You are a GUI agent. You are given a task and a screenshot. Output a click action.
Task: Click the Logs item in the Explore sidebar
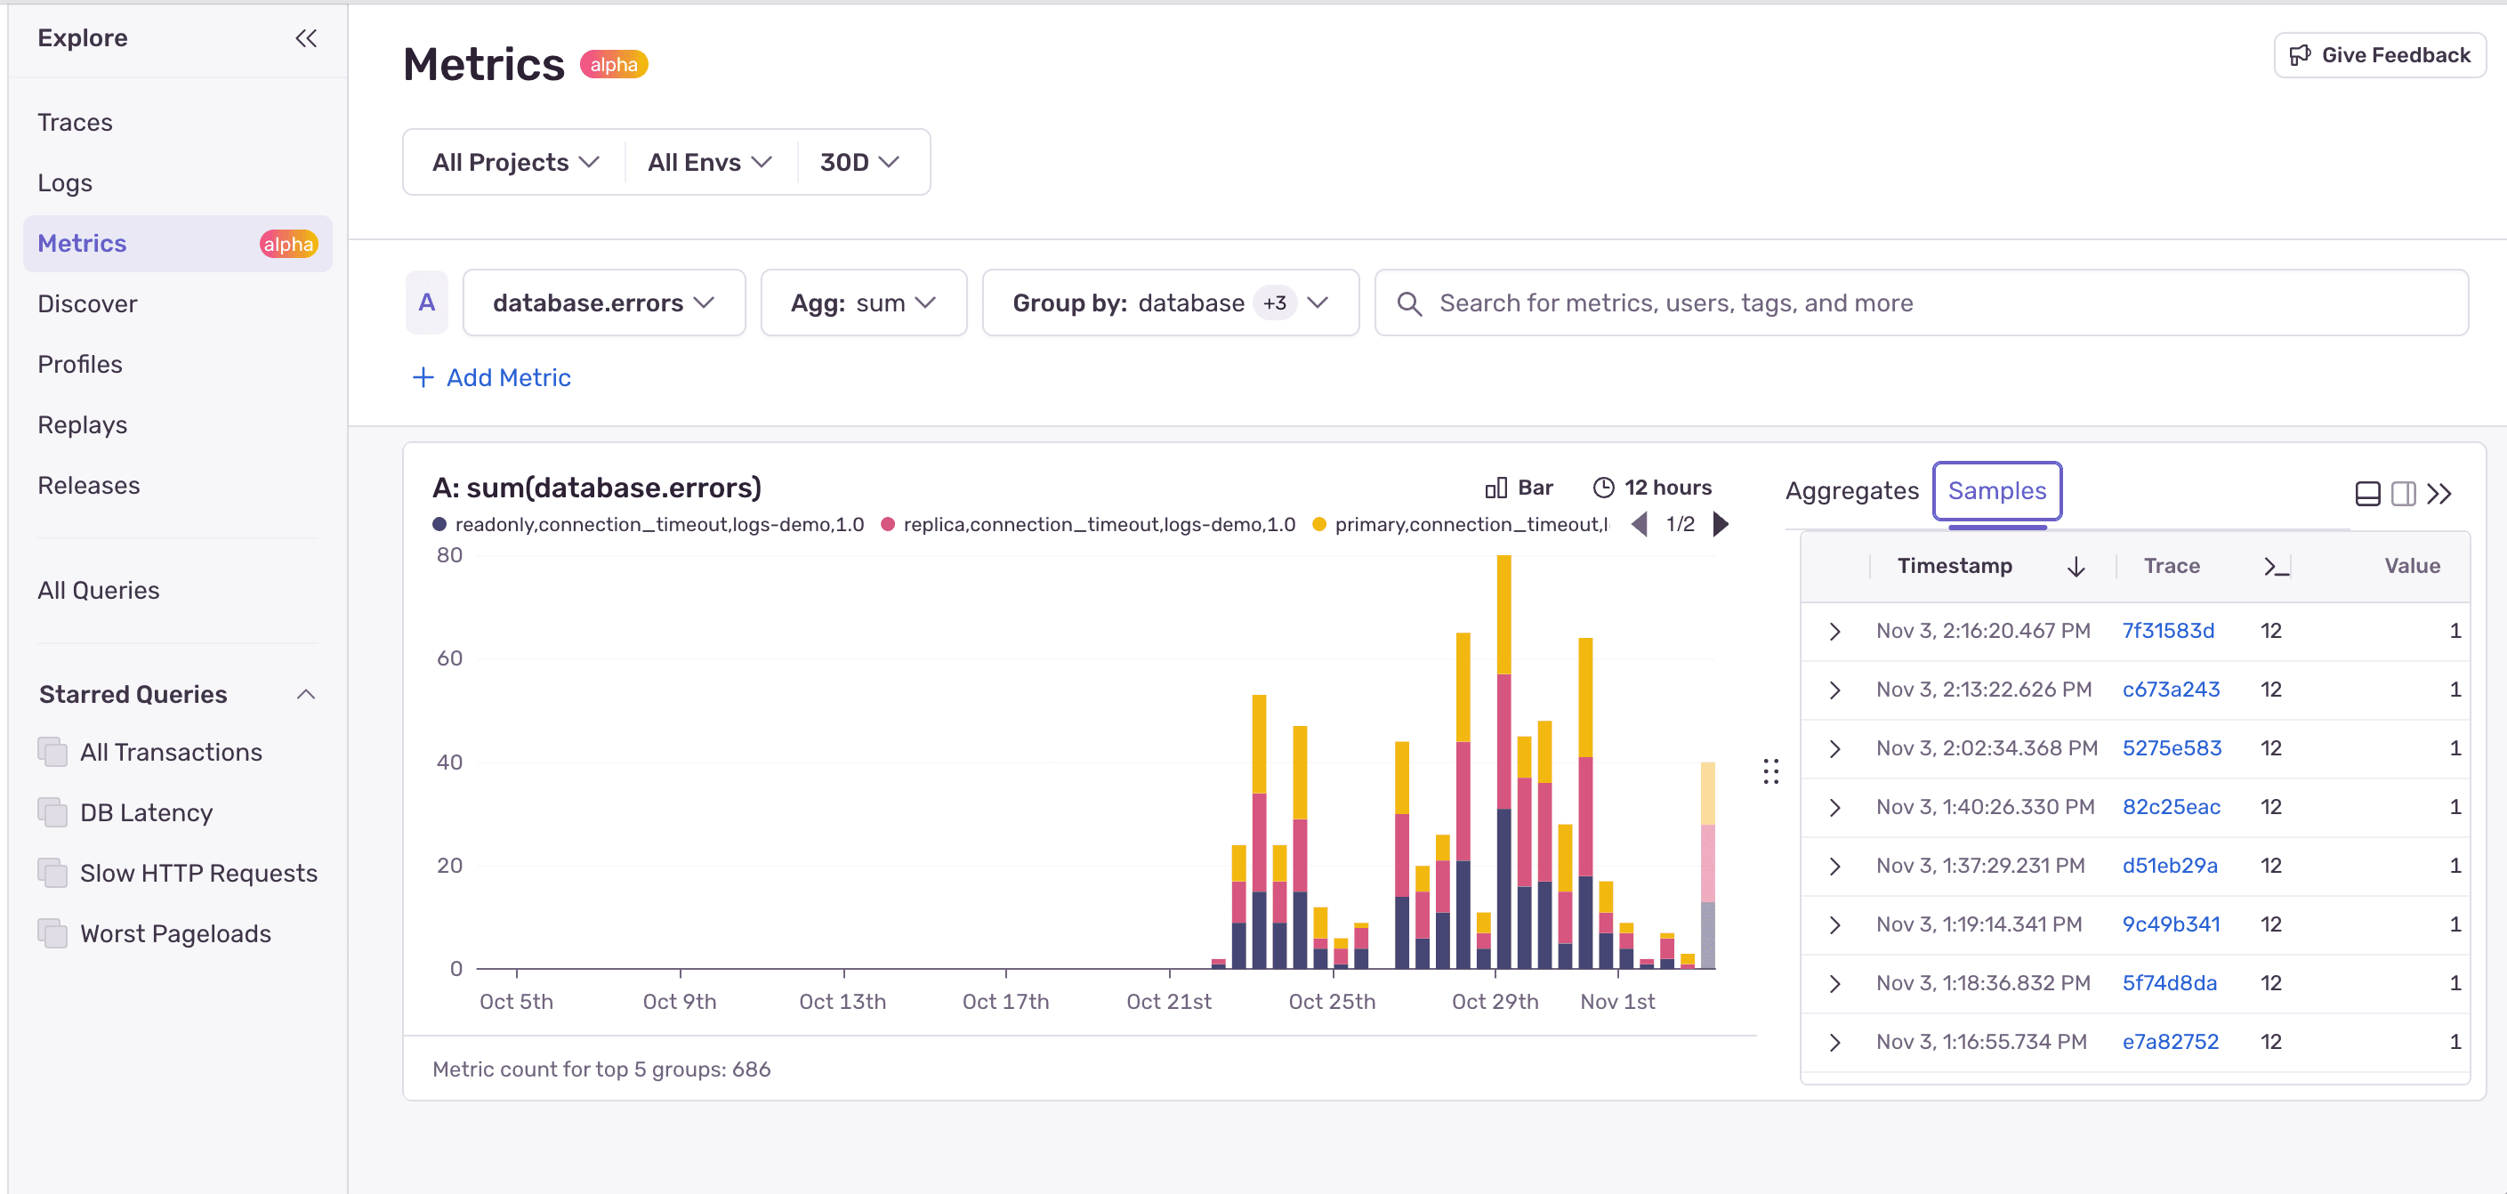click(64, 183)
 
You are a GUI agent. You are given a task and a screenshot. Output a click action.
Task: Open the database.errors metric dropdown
click(603, 303)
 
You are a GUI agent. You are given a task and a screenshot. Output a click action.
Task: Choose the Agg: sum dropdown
click(862, 303)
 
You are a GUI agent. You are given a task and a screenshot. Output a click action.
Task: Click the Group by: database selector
click(1169, 303)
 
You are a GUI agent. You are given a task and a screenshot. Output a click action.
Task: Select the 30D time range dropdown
click(859, 163)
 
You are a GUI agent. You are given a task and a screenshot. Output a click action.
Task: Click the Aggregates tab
click(1851, 490)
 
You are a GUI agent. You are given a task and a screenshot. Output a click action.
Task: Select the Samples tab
click(1996, 490)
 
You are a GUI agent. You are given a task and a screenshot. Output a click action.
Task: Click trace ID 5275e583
click(2172, 748)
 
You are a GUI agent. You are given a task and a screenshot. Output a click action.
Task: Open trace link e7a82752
click(2169, 1041)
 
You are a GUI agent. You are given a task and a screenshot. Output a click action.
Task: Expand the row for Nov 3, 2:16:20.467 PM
click(1834, 631)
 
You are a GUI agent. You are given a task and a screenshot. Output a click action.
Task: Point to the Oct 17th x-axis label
click(1005, 1001)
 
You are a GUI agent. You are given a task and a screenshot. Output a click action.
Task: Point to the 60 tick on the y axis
click(448, 658)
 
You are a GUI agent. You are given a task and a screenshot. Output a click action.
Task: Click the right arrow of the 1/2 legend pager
click(1721, 525)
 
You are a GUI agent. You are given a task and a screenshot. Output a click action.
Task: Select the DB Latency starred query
click(146, 812)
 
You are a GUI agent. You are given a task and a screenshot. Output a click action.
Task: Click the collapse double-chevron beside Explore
click(305, 38)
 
